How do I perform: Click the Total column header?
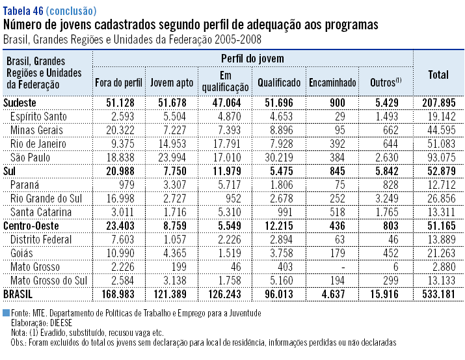click(x=438, y=75)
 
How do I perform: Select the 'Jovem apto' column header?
click(x=170, y=83)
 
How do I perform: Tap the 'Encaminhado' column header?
click(x=332, y=83)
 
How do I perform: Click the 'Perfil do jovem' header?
click(x=252, y=59)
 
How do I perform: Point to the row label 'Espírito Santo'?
click(x=38, y=117)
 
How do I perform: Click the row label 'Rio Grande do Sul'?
click(x=44, y=199)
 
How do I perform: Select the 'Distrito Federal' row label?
click(x=41, y=240)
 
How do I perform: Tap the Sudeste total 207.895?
click(x=439, y=103)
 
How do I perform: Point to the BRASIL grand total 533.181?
click(x=439, y=294)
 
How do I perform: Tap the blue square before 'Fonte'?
click(x=7, y=313)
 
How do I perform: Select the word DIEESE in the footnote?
click(x=58, y=322)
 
